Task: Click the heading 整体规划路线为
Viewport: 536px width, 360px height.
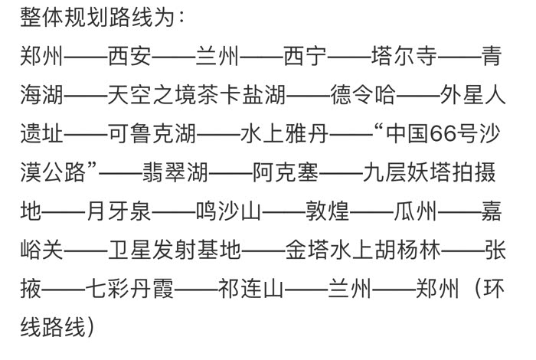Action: coord(97,17)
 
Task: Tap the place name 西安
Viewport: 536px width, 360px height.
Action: coord(130,56)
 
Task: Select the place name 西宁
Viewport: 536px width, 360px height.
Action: coord(306,56)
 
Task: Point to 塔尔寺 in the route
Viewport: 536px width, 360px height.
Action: coord(404,56)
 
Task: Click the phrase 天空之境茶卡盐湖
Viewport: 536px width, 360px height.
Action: coord(197,94)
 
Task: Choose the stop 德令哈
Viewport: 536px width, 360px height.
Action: coord(363,94)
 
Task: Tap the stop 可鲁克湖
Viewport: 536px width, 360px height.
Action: coord(152,133)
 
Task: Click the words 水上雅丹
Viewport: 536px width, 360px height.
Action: coord(284,133)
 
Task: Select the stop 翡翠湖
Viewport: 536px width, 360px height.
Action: coord(175,172)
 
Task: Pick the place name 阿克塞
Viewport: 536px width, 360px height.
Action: coord(286,172)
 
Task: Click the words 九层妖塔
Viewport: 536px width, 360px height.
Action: coord(407,172)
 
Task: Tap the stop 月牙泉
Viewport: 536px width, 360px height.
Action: coord(119,211)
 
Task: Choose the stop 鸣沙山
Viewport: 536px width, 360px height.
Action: coord(229,211)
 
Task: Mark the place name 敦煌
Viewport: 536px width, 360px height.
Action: coord(328,211)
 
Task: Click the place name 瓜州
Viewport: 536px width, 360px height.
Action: coord(415,211)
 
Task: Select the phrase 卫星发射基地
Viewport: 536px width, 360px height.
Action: coord(175,250)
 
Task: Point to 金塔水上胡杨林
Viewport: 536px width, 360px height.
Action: coord(363,250)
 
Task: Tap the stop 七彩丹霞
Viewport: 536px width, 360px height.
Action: coord(130,289)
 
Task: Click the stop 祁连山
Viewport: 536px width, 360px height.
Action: coord(251,289)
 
